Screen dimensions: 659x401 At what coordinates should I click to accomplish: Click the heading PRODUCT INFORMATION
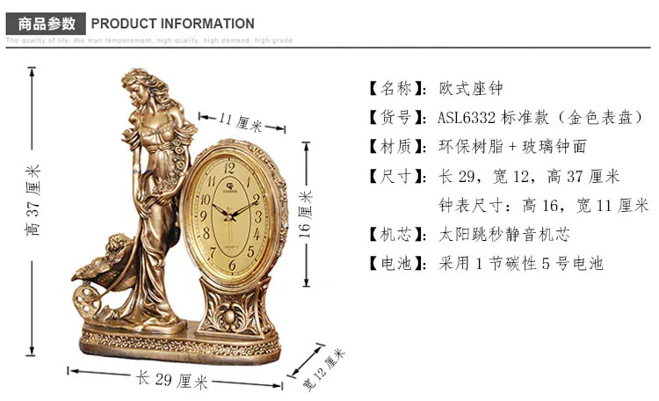click(172, 24)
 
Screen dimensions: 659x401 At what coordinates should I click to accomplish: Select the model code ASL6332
click(466, 118)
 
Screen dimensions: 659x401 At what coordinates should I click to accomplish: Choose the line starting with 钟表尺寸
click(543, 205)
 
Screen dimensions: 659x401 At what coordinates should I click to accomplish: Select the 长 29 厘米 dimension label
click(172, 381)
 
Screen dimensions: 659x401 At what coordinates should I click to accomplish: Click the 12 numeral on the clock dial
click(230, 166)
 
